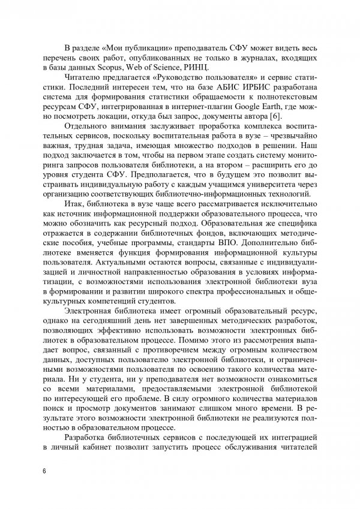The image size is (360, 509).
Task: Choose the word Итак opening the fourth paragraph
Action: (x=83, y=221)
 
